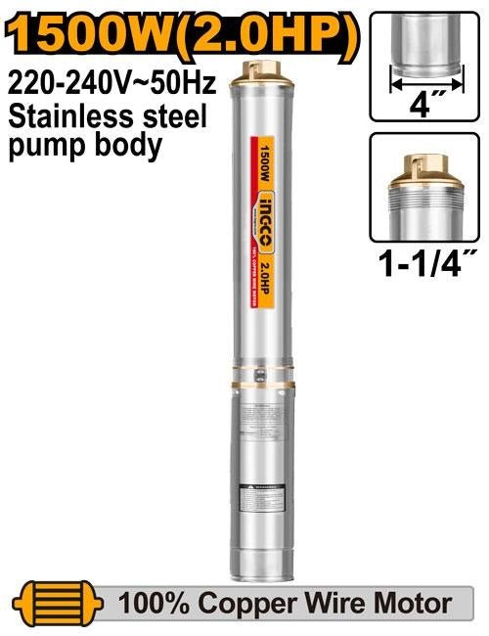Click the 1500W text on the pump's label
[266, 160]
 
